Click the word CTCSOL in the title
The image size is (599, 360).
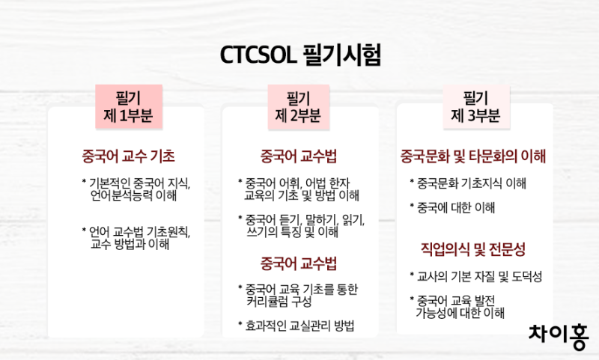click(x=258, y=55)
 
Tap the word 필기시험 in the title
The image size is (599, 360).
click(x=342, y=55)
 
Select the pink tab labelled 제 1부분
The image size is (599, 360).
click(x=128, y=107)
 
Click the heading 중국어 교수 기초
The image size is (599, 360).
click(x=128, y=156)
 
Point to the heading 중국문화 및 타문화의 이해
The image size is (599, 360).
click(x=473, y=156)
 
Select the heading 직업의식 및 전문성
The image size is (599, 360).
click(x=473, y=248)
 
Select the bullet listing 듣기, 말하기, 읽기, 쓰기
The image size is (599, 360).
click(x=299, y=226)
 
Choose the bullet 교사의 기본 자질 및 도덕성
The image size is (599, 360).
click(x=475, y=277)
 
